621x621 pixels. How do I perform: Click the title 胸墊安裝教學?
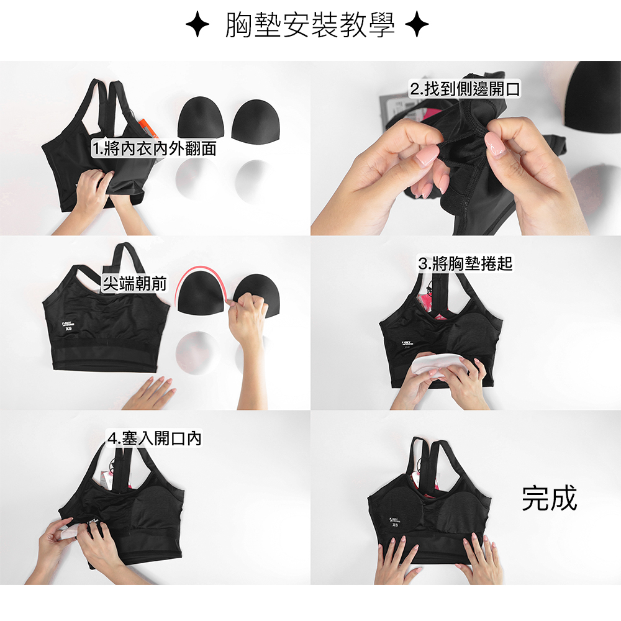pyautogui.click(x=310, y=25)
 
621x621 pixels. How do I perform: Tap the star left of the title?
pyautogui.click(x=197, y=25)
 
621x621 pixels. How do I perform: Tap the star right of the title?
pyautogui.click(x=417, y=25)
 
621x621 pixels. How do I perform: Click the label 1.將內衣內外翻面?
pyautogui.click(x=154, y=148)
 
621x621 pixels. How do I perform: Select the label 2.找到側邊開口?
pyautogui.click(x=465, y=89)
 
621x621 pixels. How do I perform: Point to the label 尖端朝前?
pyautogui.click(x=134, y=284)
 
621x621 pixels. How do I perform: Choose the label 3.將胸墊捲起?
pyautogui.click(x=465, y=263)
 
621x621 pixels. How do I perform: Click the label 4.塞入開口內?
pyautogui.click(x=155, y=438)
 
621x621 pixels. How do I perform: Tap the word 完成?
pyautogui.click(x=549, y=498)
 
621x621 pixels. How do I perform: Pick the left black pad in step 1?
pyautogui.click(x=201, y=119)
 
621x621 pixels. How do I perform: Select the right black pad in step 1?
pyautogui.click(x=255, y=120)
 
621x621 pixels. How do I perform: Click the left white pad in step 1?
pyautogui.click(x=195, y=176)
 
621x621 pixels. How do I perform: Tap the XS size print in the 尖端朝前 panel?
pyautogui.click(x=69, y=329)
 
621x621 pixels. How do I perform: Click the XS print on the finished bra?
pyautogui.click(x=395, y=525)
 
